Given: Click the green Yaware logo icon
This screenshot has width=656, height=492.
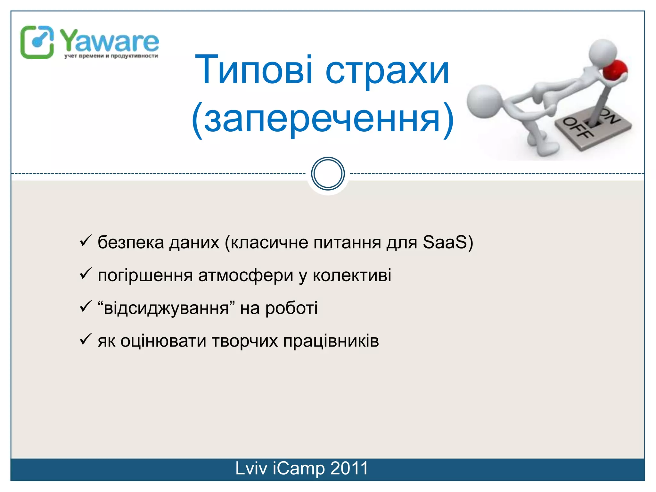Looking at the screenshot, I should coord(37,42).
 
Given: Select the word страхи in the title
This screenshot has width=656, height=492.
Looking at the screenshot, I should coord(387,71).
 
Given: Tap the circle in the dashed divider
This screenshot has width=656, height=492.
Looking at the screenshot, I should coord(328,174).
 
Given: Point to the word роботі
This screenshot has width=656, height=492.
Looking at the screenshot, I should coord(291,308).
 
